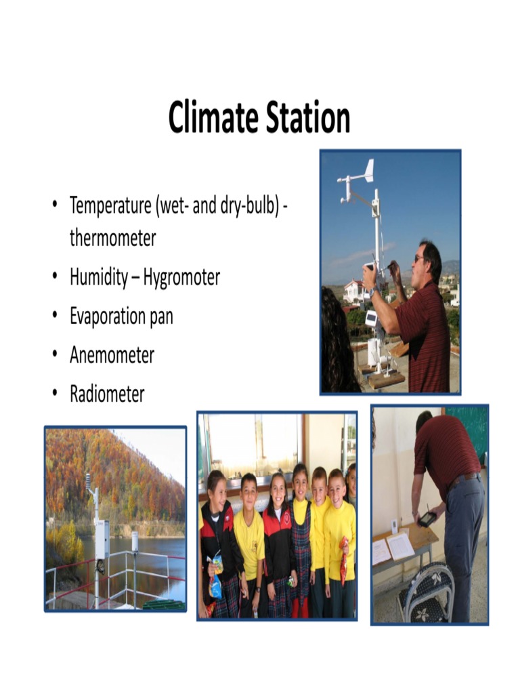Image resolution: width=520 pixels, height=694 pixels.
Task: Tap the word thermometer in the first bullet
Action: point(112,239)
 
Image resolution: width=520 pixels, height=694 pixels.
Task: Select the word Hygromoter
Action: point(181,278)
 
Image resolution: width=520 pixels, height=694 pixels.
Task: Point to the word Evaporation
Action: point(108,317)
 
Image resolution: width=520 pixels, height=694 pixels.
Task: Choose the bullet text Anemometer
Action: point(112,355)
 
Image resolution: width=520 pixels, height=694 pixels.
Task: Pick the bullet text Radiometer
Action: point(107,394)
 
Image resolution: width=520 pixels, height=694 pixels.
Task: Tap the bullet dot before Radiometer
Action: point(53,394)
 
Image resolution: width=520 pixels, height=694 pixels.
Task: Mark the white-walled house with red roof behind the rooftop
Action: point(353,291)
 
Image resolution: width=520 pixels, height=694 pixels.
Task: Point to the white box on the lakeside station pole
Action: point(102,539)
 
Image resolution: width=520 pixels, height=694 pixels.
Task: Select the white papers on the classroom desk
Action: point(393,546)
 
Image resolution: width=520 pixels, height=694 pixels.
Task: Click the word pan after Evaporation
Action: point(160,317)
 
